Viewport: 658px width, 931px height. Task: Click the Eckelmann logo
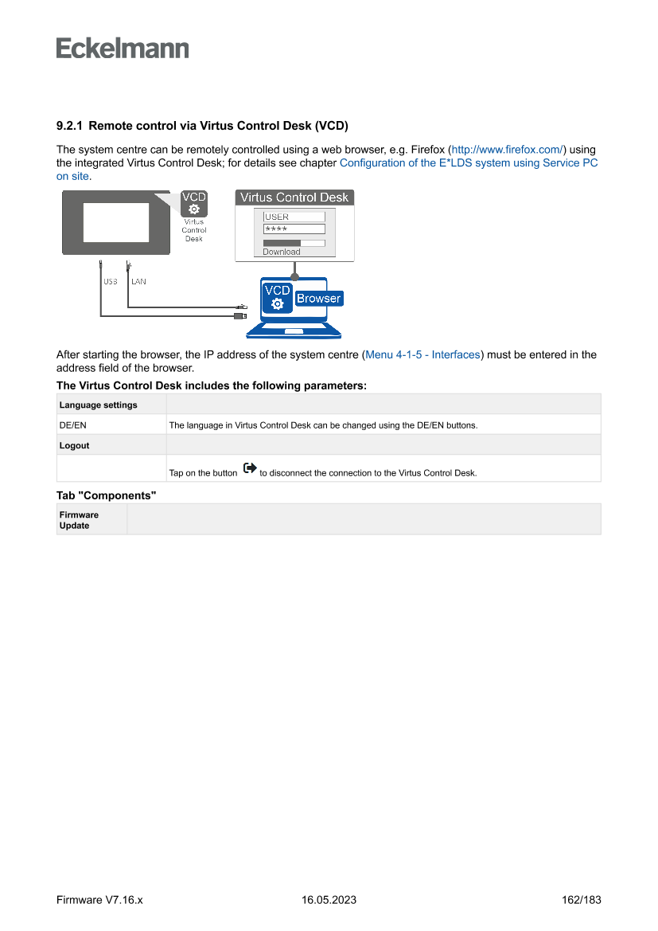(123, 48)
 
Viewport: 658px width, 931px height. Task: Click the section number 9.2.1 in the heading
(70, 126)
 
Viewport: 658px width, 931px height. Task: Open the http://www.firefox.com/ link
(508, 150)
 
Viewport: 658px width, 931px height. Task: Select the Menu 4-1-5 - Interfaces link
(422, 354)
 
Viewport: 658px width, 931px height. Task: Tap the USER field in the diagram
(294, 217)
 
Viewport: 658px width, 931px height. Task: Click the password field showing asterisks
(294, 229)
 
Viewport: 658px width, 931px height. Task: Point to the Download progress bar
(294, 243)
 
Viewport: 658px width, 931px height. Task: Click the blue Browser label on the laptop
(318, 299)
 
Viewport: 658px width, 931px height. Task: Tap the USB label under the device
(110, 281)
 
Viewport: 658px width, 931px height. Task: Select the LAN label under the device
(138, 281)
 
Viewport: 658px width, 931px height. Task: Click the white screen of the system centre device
(116, 222)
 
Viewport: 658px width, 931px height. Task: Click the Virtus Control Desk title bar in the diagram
(294, 198)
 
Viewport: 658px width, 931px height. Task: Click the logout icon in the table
(249, 469)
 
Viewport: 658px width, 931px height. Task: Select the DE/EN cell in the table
(73, 425)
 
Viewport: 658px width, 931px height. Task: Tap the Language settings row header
(98, 405)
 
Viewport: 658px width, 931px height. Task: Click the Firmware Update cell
(79, 520)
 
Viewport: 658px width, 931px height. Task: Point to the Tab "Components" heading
(106, 495)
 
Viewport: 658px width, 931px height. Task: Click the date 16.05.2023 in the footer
(329, 900)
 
